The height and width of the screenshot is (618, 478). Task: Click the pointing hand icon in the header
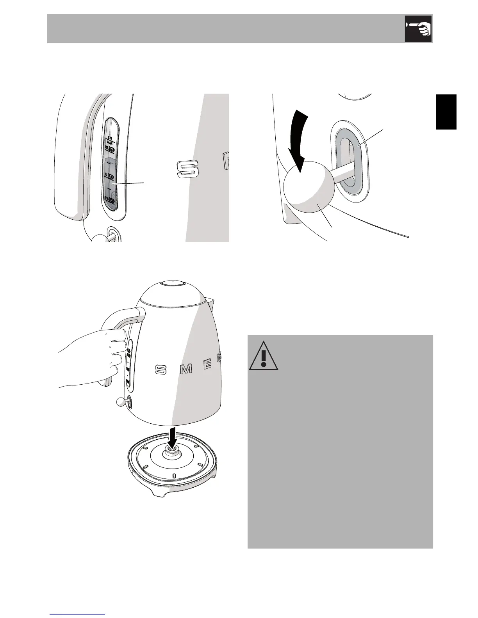click(418, 28)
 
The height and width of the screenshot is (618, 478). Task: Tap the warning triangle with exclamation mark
click(264, 356)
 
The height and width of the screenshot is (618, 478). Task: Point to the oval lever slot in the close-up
click(350, 162)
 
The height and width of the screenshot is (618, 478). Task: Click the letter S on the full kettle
click(161, 369)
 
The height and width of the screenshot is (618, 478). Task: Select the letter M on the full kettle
click(186, 369)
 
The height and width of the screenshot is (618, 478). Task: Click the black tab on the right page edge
click(446, 112)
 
